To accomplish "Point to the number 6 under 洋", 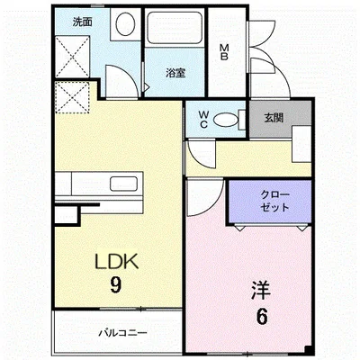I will click(x=260, y=317).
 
